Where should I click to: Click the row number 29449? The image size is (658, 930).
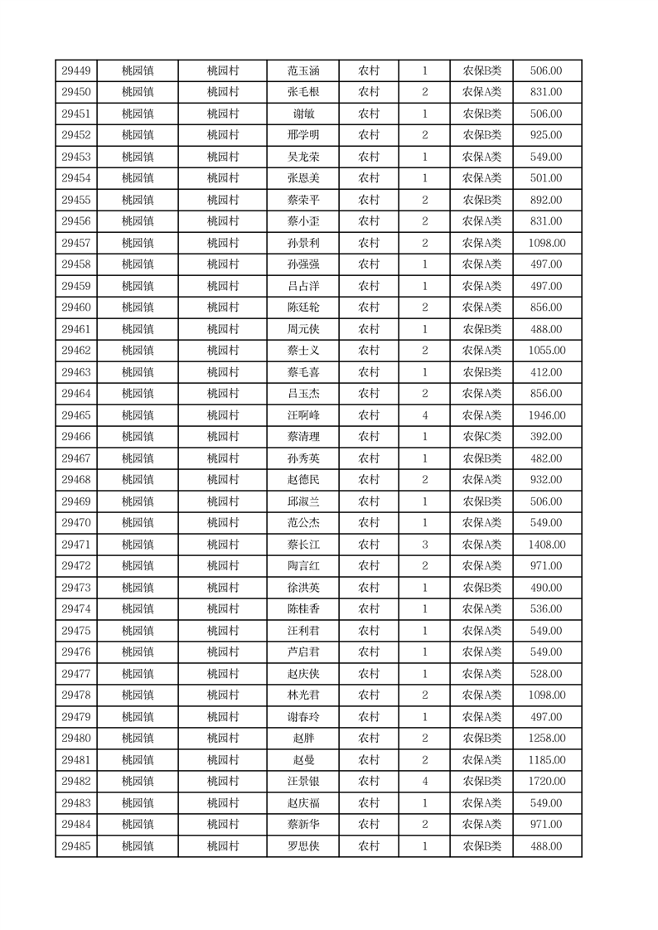76,71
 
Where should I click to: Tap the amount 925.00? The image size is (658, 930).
547,136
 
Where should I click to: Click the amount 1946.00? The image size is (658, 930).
547,415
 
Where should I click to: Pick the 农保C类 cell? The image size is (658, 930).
481,437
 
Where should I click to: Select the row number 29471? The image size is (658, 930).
76,545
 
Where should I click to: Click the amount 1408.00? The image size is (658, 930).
547,545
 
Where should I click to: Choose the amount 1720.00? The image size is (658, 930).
547,782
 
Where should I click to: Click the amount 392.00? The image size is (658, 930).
547,437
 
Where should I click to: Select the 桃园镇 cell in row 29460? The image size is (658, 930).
138,308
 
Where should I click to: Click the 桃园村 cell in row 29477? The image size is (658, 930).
223,674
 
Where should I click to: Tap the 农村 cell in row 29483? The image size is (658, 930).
369,803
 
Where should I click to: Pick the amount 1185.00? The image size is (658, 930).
547,760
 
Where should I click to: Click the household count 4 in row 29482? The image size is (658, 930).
425,782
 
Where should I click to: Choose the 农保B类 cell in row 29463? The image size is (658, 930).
481,372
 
